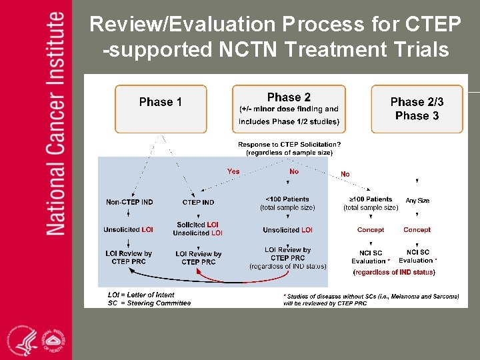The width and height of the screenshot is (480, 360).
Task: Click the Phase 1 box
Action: point(160,109)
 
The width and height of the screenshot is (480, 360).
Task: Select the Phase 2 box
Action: point(289,109)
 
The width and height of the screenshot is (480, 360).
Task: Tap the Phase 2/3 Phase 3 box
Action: point(417,109)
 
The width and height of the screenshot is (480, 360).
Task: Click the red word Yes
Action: point(233,171)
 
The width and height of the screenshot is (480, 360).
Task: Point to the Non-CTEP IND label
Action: point(129,202)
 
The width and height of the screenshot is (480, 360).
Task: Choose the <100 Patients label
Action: point(287,199)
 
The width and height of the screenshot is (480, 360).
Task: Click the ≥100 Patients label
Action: point(371,199)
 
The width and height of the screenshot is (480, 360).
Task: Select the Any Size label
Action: point(417,199)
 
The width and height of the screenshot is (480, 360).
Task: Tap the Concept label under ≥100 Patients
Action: point(371,230)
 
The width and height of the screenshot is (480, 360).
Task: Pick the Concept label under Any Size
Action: point(417,230)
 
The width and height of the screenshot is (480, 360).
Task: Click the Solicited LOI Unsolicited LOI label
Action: point(197,229)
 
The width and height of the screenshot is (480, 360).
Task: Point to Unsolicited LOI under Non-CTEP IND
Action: point(128,230)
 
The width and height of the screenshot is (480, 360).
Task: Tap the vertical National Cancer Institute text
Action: point(56,123)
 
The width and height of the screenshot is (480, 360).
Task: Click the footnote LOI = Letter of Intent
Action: point(141,295)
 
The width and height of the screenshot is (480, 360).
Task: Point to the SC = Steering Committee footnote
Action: point(149,303)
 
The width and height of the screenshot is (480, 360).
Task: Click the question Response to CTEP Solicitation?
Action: point(289,144)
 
